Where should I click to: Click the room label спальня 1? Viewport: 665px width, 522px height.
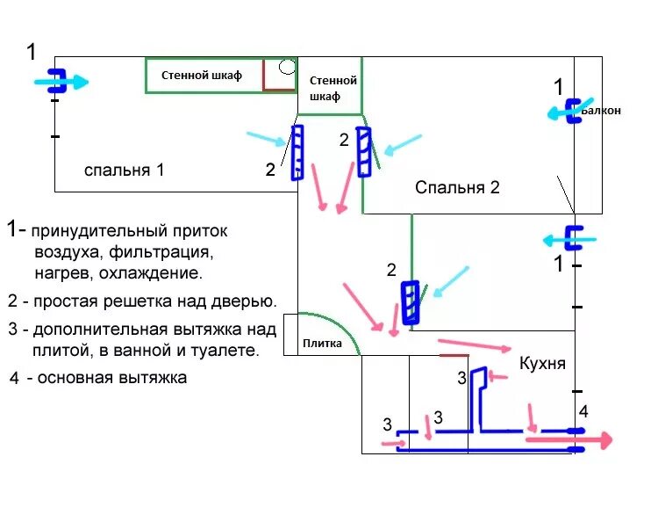[124, 170]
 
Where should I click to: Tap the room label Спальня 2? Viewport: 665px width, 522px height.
[457, 187]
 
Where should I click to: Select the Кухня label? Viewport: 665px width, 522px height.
[542, 363]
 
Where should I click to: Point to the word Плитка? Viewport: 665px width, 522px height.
[322, 343]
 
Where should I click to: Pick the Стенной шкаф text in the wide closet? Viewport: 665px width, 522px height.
[201, 76]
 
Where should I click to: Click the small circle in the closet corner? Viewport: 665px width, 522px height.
[287, 67]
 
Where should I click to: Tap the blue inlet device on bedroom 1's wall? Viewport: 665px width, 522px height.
[55, 81]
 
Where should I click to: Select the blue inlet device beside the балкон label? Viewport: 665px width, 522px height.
[574, 111]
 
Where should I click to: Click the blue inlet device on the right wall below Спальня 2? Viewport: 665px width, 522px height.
[578, 238]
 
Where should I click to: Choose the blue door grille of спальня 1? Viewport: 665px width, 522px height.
[297, 152]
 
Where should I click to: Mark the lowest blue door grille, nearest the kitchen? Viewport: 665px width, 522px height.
[410, 302]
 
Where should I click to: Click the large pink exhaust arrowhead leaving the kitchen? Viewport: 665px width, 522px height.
[604, 440]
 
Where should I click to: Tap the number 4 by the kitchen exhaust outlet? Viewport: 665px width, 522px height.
[583, 410]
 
